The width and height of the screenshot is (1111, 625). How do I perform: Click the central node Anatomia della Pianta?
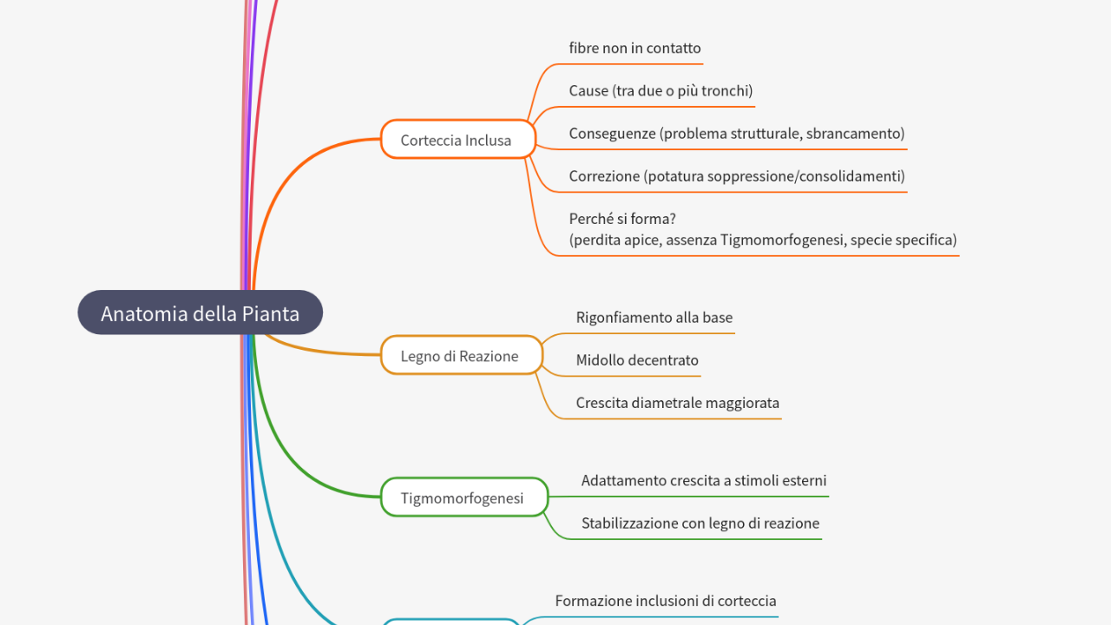point(200,312)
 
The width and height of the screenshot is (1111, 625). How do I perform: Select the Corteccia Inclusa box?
point(457,140)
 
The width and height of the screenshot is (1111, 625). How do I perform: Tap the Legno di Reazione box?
point(461,356)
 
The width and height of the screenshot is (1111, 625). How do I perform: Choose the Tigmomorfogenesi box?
point(463,497)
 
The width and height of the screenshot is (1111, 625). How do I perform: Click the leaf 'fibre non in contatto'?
point(634,49)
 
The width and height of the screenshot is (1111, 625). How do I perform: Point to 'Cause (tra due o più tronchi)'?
point(660,91)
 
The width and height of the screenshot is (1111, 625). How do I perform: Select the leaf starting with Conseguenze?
point(736,134)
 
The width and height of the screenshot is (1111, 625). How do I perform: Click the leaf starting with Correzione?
point(736,176)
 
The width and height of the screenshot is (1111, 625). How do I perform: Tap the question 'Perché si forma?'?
point(621,219)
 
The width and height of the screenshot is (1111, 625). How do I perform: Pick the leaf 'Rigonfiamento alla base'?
point(654,318)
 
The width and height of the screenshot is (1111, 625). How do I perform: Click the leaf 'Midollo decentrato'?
point(636,360)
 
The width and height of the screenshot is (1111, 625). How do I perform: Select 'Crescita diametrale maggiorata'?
point(677,403)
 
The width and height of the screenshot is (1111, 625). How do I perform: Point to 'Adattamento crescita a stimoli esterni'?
point(703,481)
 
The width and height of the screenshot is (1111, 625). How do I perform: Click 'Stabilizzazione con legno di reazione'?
point(700,523)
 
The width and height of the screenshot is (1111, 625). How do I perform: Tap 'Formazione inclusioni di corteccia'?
point(665,601)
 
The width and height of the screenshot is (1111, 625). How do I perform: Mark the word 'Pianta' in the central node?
point(269,313)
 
